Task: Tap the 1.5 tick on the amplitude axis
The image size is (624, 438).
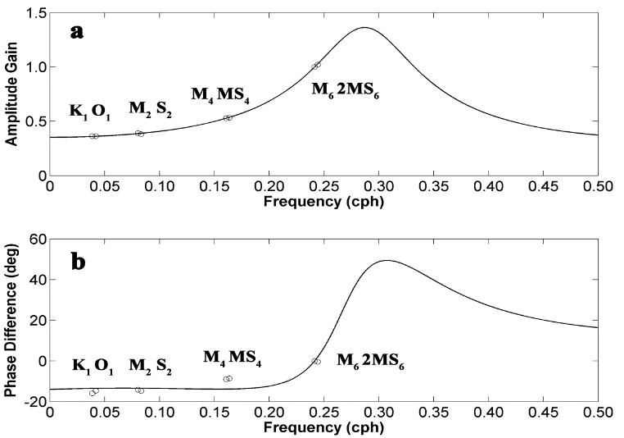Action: (x=34, y=12)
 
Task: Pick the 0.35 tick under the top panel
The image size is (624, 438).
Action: (x=434, y=186)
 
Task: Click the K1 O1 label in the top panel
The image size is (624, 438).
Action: (x=92, y=112)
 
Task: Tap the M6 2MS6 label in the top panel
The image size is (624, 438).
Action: (x=345, y=89)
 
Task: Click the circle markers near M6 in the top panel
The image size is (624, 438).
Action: (x=316, y=66)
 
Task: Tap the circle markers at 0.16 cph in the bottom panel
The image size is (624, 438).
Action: (x=228, y=379)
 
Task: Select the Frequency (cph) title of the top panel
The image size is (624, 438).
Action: (x=323, y=199)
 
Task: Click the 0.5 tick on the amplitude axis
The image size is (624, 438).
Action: (x=34, y=121)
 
